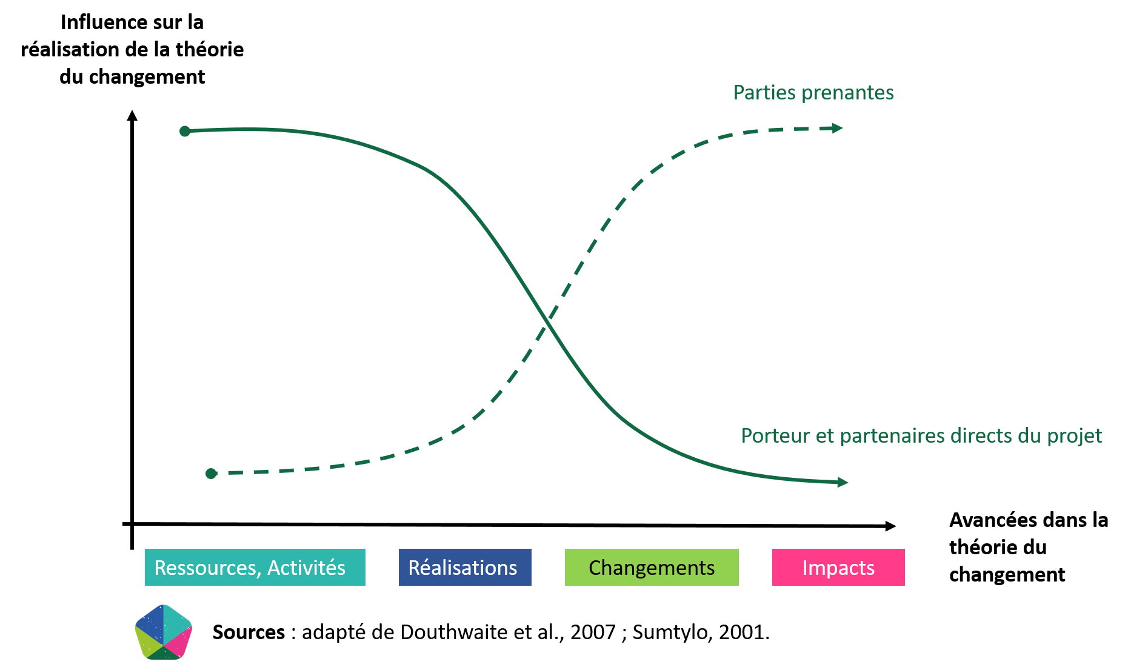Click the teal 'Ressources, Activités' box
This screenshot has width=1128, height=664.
click(x=255, y=567)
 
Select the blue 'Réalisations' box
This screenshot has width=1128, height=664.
click(x=465, y=567)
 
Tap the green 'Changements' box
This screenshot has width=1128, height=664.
click(x=652, y=567)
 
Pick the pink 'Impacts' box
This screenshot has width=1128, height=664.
click(x=838, y=567)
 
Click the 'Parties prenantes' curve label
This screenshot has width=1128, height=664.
click(x=813, y=92)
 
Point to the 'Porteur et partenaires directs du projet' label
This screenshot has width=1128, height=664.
click(x=921, y=435)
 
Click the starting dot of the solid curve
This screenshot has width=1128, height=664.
click(x=185, y=131)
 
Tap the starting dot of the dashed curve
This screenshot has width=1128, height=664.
click(x=211, y=473)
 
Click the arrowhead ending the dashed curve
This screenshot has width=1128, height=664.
click(x=838, y=128)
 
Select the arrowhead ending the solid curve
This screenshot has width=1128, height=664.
click(x=843, y=482)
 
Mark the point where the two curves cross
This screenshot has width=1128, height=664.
click(x=547, y=321)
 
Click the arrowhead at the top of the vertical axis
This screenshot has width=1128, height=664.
click(x=132, y=115)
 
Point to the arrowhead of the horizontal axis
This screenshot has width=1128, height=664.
click(x=890, y=526)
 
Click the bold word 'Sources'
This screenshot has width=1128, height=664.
click(x=249, y=632)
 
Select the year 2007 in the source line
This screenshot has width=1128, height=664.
click(x=593, y=632)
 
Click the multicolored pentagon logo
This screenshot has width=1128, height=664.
click(x=164, y=632)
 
